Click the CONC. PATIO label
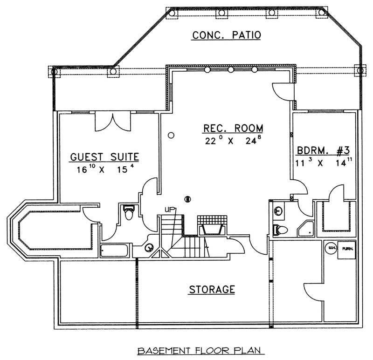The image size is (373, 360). [x=226, y=35]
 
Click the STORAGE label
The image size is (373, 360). [x=211, y=289]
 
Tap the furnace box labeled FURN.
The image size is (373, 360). [x=347, y=249]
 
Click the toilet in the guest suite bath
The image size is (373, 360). [x=129, y=213]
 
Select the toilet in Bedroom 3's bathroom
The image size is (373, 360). [x=280, y=229]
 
